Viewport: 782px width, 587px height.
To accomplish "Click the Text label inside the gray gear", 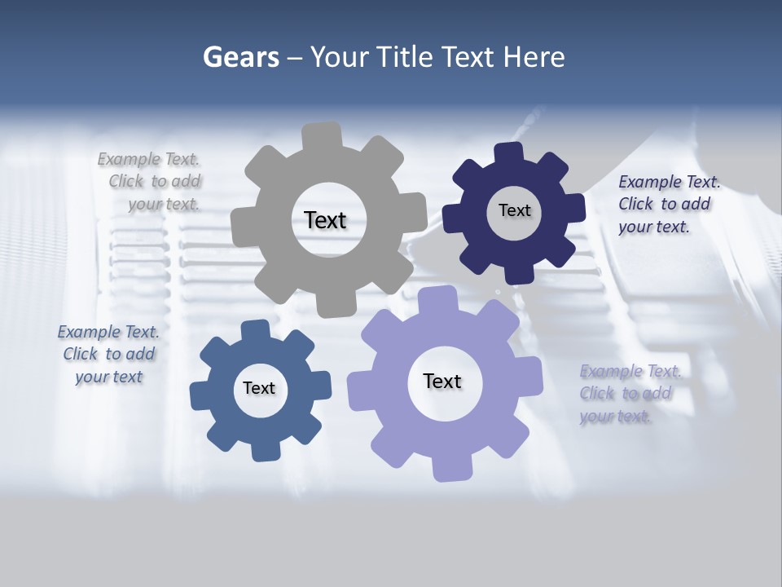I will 325,220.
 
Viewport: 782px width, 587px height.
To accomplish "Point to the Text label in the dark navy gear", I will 514,210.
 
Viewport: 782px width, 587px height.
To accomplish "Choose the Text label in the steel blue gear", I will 259,388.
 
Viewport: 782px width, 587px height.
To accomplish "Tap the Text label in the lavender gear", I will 442,381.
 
